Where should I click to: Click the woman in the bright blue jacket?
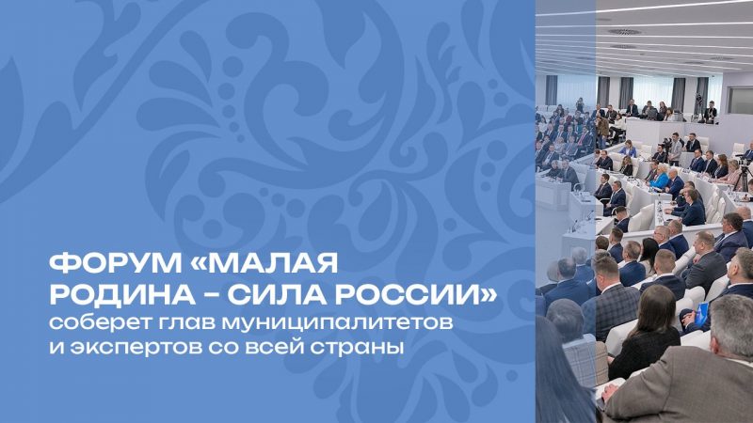pos(660,178)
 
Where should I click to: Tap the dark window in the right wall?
pos(740,100)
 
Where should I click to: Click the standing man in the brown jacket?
pos(602,130)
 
